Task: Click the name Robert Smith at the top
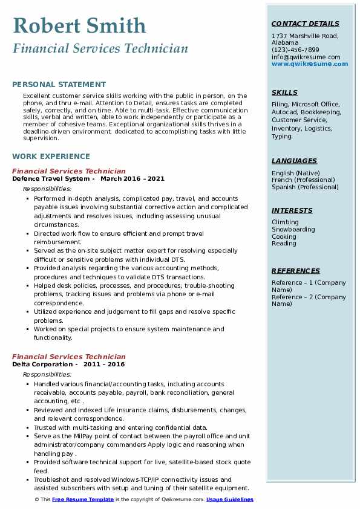click(x=79, y=25)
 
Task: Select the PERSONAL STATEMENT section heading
click(x=59, y=85)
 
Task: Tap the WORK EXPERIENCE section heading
click(x=51, y=156)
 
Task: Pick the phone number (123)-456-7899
click(x=295, y=50)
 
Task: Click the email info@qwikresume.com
click(x=306, y=57)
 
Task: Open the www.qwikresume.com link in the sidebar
click(x=310, y=63)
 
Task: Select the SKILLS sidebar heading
click(x=284, y=92)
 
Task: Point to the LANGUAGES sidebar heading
click(x=294, y=161)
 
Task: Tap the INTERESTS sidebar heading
click(x=292, y=210)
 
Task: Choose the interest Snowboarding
click(x=293, y=230)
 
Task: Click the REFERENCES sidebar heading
click(x=296, y=271)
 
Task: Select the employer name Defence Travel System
click(x=51, y=179)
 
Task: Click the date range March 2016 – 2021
click(x=133, y=179)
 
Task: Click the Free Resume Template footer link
click(x=83, y=499)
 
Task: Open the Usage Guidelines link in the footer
click(x=230, y=499)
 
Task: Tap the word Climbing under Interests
click(x=285, y=222)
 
